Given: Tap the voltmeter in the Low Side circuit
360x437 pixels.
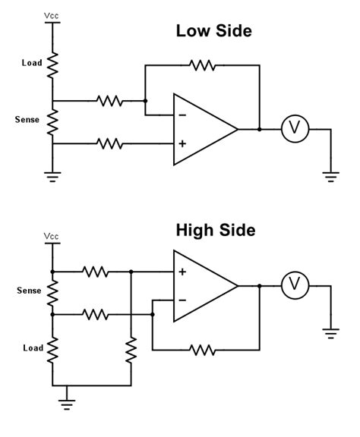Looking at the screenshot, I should coord(292,130).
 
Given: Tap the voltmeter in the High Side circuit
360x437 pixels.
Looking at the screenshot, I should coord(292,286).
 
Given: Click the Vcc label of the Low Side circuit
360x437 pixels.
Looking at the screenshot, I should coord(52,14).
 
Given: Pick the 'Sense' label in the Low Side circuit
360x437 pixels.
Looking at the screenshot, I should coord(28,119).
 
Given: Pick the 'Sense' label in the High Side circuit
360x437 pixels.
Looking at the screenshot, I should coord(28,291).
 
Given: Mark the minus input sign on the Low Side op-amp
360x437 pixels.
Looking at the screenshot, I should coord(183,116).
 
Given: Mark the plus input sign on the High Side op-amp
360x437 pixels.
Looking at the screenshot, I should coord(183,272).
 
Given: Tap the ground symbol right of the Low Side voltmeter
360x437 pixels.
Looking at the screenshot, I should coord(331,176).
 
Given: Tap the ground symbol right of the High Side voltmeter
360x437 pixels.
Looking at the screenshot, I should coord(331,332).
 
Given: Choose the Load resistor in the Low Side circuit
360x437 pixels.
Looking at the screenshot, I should coord(52,64).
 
